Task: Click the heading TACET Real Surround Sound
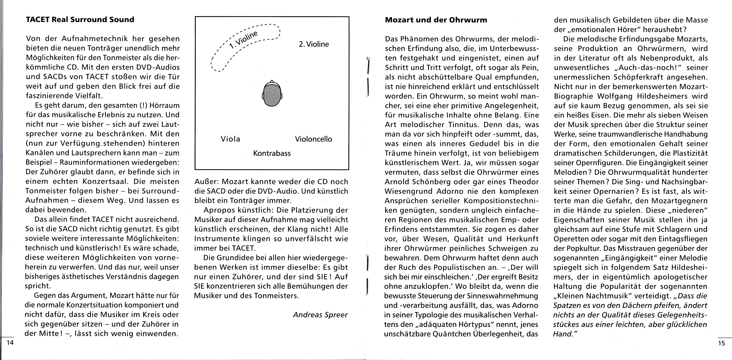[x=80, y=20]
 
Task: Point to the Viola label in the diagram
[x=230, y=139]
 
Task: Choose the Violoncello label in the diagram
[x=313, y=139]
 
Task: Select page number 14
[x=10, y=343]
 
